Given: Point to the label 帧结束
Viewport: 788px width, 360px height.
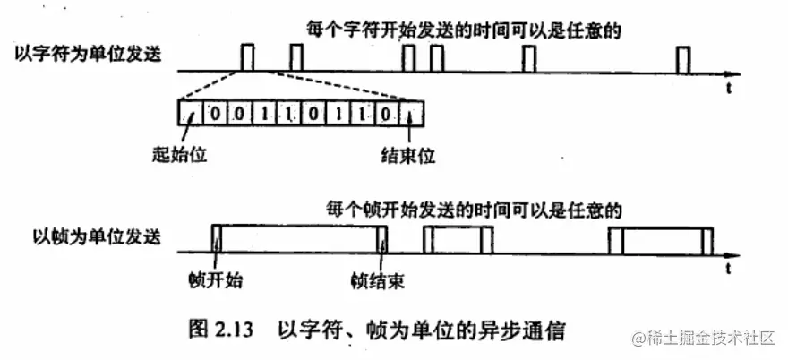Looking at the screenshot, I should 378,280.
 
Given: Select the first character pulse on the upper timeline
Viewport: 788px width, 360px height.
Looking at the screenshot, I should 248,58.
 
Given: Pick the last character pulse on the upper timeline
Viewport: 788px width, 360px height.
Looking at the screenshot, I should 685,60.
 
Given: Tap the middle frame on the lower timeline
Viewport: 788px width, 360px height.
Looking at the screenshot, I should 458,241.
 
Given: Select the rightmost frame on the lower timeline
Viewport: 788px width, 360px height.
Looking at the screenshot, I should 660,241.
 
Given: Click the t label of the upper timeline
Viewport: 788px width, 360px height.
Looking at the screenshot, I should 729,88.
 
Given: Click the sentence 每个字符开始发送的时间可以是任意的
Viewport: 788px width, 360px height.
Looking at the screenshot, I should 461,29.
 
